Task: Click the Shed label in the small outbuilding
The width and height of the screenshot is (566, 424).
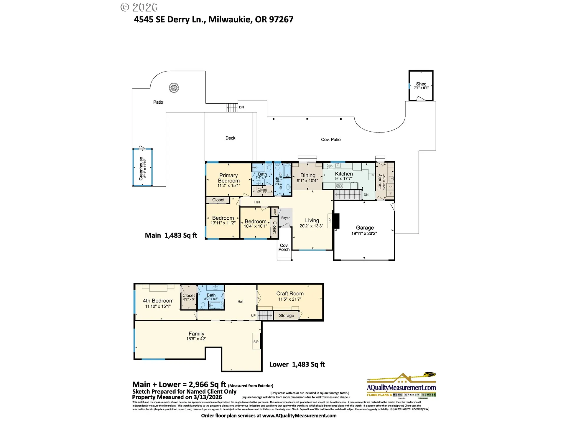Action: [421, 84]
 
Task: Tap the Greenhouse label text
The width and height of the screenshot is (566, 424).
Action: [141, 168]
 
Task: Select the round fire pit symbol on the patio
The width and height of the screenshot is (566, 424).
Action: [174, 88]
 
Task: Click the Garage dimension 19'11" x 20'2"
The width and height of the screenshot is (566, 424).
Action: [364, 233]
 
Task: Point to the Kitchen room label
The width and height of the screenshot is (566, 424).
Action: [344, 174]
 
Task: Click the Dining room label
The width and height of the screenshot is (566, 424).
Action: [308, 175]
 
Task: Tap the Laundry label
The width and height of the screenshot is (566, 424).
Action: [380, 182]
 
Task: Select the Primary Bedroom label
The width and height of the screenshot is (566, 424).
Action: [229, 178]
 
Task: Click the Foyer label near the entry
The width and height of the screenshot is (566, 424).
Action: [285, 218]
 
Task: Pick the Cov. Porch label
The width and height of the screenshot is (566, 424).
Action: [284, 247]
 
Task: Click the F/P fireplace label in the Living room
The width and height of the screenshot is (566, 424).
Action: [330, 221]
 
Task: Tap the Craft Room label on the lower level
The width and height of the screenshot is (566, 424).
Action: [290, 294]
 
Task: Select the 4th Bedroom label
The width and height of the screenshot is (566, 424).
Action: [158, 301]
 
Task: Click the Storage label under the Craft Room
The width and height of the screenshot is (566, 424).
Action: [286, 316]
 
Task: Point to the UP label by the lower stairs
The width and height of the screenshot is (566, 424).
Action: [253, 316]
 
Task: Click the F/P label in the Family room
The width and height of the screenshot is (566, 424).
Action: [256, 342]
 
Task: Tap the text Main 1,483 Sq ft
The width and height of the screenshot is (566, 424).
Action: [171, 235]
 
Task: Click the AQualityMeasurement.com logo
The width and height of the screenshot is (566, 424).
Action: [401, 387]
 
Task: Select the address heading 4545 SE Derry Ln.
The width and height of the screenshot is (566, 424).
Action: [213, 19]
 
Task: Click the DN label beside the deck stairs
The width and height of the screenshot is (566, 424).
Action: [241, 107]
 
